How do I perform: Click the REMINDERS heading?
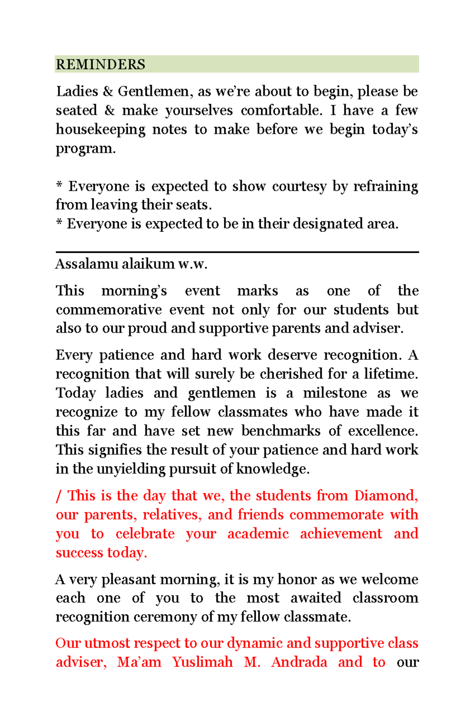pos(101,64)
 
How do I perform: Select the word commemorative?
pos(108,310)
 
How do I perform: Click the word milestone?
pos(335,393)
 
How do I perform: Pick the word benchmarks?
pos(281,431)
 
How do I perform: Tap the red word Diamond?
pos(386,496)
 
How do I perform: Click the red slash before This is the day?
pos(59,496)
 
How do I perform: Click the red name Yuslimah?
pos(202,662)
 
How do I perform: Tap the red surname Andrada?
pos(299,662)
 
